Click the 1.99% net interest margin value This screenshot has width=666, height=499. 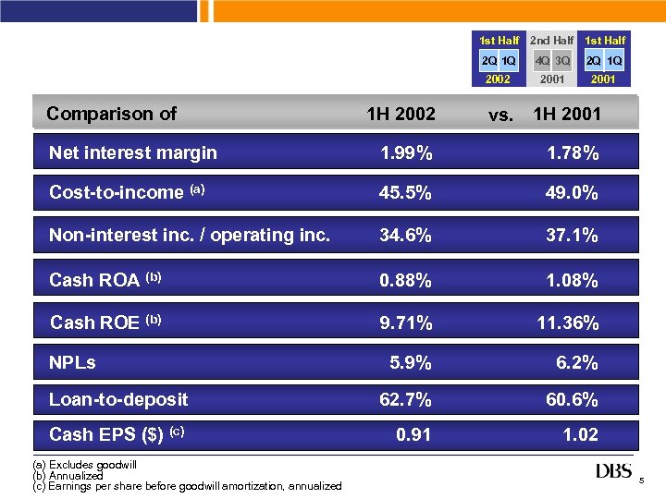406,152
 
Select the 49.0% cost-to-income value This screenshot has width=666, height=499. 572,193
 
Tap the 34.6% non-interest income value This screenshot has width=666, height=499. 406,236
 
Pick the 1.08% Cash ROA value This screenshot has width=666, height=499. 572,280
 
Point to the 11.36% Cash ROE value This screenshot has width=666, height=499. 568,323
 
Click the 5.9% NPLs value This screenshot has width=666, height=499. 411,363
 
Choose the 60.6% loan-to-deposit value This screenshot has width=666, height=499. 572,399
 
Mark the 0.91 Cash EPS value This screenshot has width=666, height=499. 413,434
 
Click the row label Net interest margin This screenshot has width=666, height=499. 132,152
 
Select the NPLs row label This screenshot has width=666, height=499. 72,363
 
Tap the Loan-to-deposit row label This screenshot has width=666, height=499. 118,399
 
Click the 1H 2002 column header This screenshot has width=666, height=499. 401,115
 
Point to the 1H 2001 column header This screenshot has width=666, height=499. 567,115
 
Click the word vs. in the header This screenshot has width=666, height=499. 500,116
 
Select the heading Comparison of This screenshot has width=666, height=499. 111,114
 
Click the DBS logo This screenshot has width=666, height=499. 614,471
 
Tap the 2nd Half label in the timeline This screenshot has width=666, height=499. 551,41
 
